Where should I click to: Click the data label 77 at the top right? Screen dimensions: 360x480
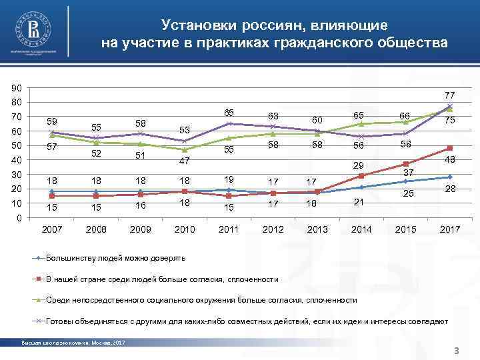(449, 95)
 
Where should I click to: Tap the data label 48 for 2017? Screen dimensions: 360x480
(450, 160)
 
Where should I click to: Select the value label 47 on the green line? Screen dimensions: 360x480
(185, 161)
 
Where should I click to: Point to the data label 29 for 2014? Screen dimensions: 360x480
(359, 165)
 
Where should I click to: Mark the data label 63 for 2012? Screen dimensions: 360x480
(273, 117)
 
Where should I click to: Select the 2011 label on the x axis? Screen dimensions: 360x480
(229, 229)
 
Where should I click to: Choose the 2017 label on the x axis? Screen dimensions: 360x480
(449, 229)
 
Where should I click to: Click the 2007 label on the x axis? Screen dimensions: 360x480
(53, 229)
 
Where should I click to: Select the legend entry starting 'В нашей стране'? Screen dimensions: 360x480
(157, 279)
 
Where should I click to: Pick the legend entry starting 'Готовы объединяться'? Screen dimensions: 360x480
(247, 321)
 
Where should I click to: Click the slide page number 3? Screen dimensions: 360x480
(456, 351)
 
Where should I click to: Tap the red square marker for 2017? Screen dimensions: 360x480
(450, 148)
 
